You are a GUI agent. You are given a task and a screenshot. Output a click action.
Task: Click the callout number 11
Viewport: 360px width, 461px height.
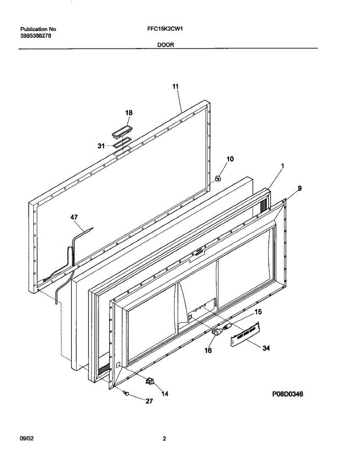pyautogui.click(x=175, y=87)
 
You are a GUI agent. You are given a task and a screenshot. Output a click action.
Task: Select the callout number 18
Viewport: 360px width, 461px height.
pyautogui.click(x=129, y=113)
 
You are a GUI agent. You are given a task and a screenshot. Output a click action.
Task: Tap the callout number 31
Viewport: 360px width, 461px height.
pyautogui.click(x=101, y=146)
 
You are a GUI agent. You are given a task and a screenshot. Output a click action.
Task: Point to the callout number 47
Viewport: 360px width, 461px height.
pyautogui.click(x=74, y=217)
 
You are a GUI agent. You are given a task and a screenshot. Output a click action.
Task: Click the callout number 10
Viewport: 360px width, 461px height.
pyautogui.click(x=230, y=159)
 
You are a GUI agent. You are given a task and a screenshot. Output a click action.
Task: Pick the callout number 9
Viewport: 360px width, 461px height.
pyautogui.click(x=299, y=188)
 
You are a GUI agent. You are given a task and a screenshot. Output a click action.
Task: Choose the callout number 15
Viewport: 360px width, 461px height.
pyautogui.click(x=258, y=312)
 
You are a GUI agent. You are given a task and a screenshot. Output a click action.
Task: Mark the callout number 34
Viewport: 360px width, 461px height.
pyautogui.click(x=266, y=348)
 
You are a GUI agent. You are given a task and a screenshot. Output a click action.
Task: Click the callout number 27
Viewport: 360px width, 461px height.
pyautogui.click(x=149, y=401)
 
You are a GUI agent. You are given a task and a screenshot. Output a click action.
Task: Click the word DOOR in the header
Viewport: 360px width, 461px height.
pyautogui.click(x=166, y=45)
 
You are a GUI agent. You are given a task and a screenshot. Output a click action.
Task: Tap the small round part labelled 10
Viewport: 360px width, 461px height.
pyautogui.click(x=217, y=179)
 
